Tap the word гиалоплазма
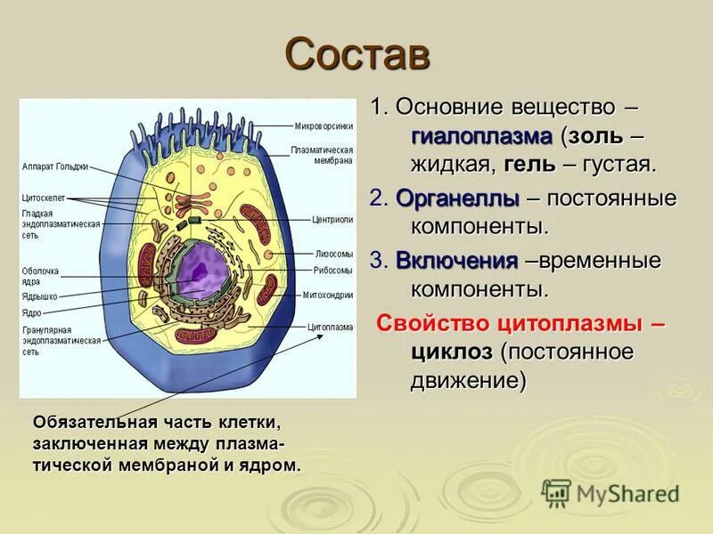[481, 136]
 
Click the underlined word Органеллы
[456, 198]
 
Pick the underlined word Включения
[456, 261]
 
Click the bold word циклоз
[452, 352]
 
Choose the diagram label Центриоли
[332, 218]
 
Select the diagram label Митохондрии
[328, 295]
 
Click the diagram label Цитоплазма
[330, 327]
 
